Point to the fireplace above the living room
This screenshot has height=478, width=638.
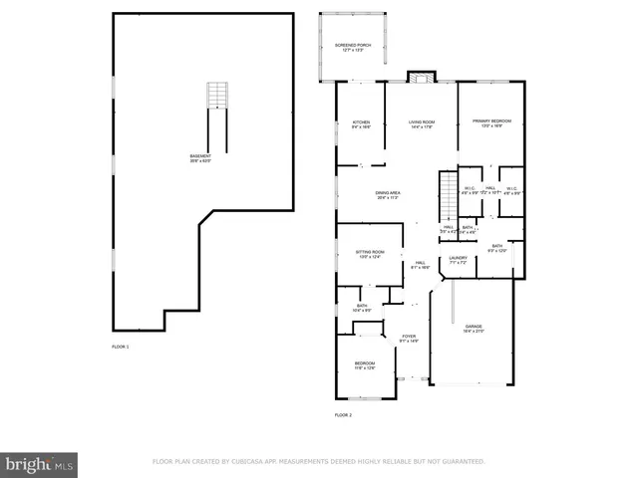422,77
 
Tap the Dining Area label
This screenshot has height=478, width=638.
388,194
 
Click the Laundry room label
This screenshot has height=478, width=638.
458,261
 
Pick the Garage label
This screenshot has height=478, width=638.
473,328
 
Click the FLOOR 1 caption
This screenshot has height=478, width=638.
121,347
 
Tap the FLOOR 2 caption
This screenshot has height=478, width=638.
343,415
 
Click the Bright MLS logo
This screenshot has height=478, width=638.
39,464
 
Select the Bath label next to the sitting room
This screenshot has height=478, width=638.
362,308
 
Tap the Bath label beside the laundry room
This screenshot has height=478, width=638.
497,248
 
